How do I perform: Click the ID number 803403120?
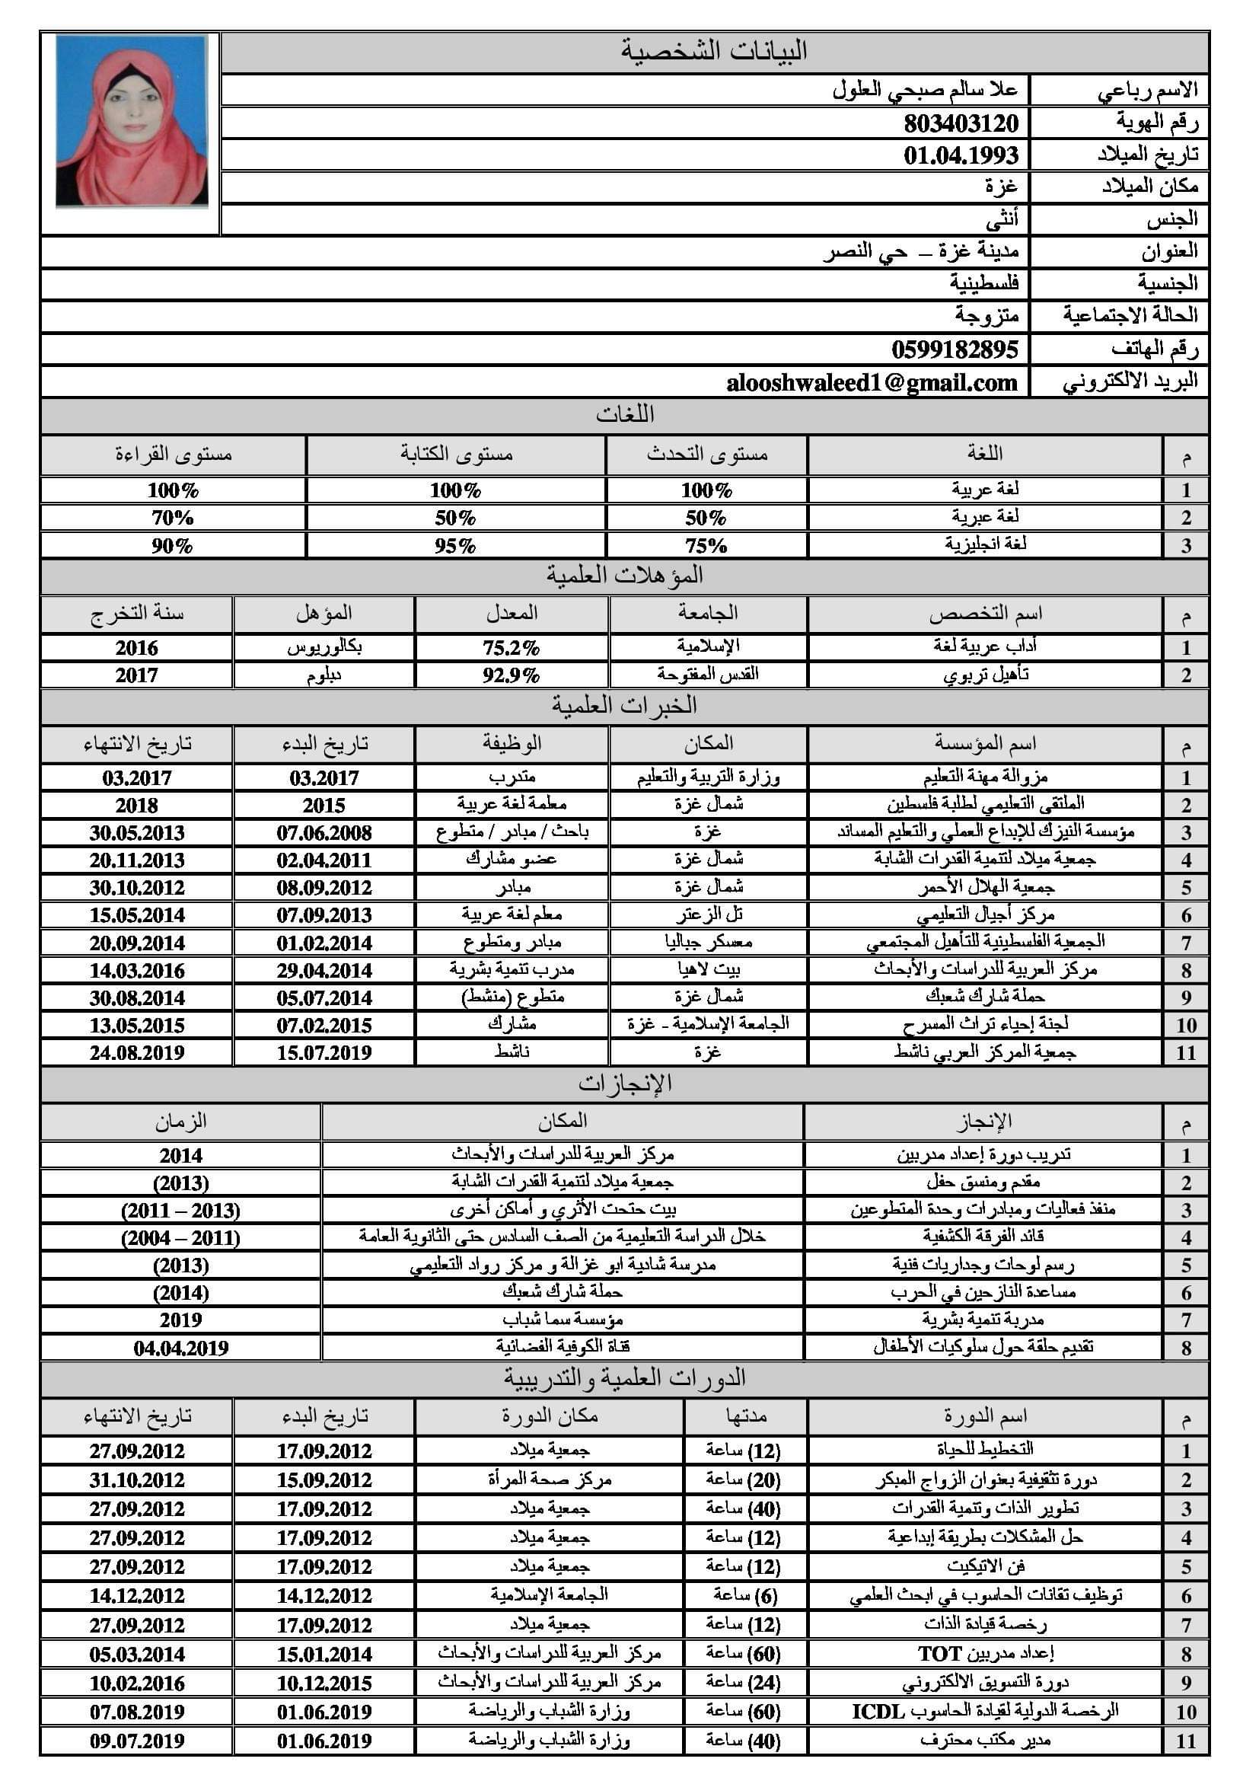(x=961, y=123)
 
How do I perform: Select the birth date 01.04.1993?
(x=961, y=155)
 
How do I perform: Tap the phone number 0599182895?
(x=955, y=349)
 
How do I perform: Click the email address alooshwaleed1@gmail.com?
(x=872, y=382)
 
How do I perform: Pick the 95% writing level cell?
(x=455, y=545)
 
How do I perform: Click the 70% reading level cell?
(x=172, y=517)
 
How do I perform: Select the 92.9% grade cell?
(x=511, y=675)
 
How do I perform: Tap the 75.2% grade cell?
(x=511, y=648)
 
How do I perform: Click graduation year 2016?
(x=136, y=648)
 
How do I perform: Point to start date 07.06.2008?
(x=324, y=833)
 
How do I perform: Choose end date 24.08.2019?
(x=136, y=1052)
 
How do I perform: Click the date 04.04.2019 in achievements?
(x=180, y=1348)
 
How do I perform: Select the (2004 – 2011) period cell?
(x=180, y=1237)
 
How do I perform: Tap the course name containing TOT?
(x=984, y=1653)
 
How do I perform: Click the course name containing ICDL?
(x=984, y=1711)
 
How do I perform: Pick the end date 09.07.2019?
(x=136, y=1741)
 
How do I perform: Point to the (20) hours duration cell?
(x=744, y=1480)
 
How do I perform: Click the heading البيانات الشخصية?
(x=714, y=51)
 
